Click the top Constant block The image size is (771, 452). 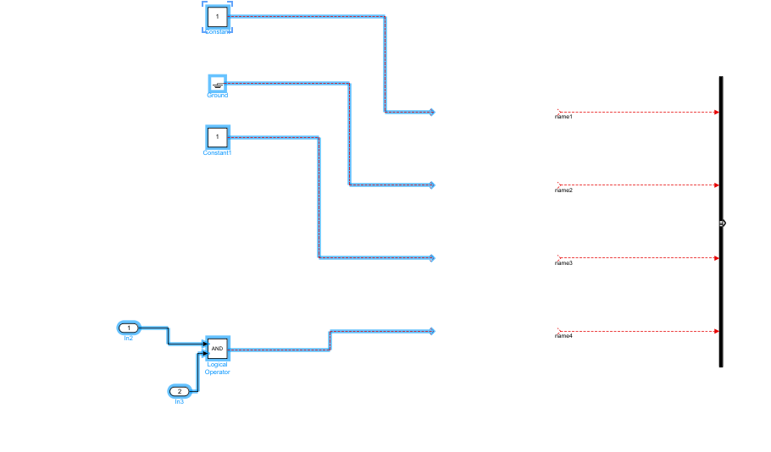click(217, 16)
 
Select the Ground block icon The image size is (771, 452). click(218, 83)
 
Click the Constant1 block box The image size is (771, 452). click(217, 136)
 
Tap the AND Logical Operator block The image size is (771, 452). click(217, 348)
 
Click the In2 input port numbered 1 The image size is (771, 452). click(128, 328)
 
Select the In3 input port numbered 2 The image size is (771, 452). click(179, 391)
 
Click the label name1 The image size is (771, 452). click(563, 117)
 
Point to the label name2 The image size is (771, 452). click(563, 190)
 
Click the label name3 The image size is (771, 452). click(563, 263)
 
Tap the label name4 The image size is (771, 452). click(563, 336)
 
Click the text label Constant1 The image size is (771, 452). click(217, 152)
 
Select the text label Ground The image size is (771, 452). click(218, 96)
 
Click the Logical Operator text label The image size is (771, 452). click(217, 368)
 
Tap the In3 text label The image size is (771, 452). click(179, 402)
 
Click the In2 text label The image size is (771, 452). click(128, 339)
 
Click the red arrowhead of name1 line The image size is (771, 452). click(716, 112)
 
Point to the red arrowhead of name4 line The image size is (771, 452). click(716, 331)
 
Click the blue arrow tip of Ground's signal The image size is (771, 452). click(431, 185)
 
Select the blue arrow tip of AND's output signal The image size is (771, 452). click(431, 331)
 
